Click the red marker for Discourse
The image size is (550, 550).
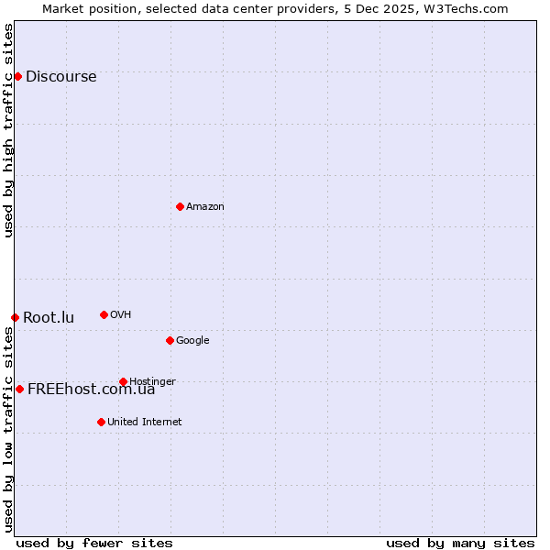point(17,76)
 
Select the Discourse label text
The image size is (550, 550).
point(60,77)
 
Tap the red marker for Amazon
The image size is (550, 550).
point(180,206)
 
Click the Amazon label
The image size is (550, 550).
point(205,207)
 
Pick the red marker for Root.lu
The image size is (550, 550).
point(15,317)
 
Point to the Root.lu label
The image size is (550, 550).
point(49,318)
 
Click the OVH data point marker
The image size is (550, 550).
point(104,314)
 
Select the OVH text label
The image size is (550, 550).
point(120,315)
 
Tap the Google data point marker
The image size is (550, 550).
point(170,340)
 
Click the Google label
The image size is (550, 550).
point(192,341)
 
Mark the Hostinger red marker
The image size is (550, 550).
point(123,381)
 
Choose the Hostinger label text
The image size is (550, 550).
point(152,382)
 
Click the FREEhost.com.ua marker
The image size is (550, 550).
point(19,389)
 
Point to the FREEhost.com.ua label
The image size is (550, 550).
point(91,390)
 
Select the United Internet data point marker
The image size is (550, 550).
point(101,422)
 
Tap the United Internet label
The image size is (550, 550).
point(144,423)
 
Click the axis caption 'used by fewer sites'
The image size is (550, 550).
point(94,543)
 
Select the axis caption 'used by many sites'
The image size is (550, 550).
point(460,543)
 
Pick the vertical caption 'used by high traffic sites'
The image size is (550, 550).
point(8,130)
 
